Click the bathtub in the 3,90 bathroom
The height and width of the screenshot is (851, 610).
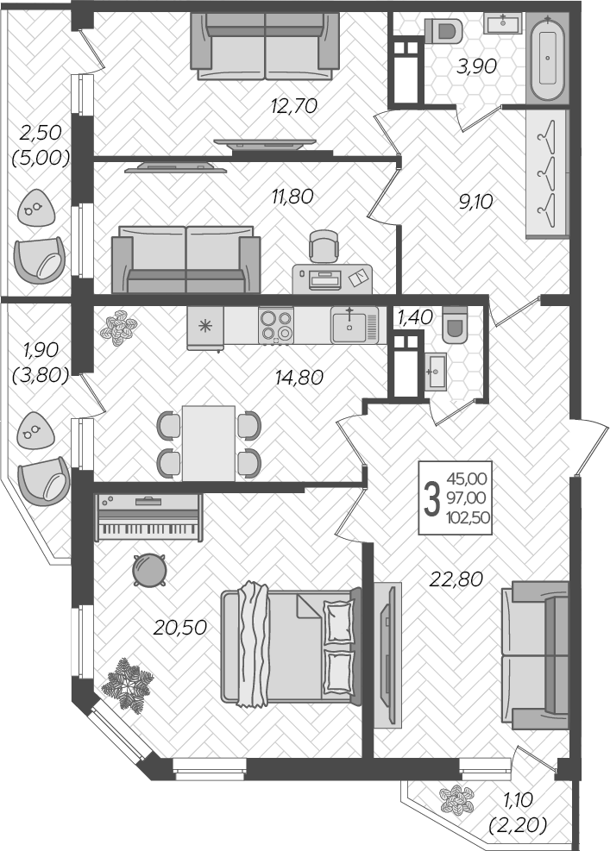[548, 58]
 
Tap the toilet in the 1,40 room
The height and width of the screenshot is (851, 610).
[455, 324]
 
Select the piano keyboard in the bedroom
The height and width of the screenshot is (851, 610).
[149, 517]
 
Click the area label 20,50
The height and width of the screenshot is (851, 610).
[179, 628]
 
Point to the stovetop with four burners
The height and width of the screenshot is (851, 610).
[276, 325]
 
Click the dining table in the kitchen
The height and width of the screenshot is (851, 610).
[209, 443]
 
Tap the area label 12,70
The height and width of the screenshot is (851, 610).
[294, 106]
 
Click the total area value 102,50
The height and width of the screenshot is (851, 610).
[468, 517]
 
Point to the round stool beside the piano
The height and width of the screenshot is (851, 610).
[149, 569]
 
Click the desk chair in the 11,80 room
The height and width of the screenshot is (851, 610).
[324, 246]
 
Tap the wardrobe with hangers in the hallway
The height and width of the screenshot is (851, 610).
[547, 173]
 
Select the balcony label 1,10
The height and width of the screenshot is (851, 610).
[518, 799]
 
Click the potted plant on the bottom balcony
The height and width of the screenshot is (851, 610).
[456, 800]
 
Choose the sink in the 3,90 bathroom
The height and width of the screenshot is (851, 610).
[503, 23]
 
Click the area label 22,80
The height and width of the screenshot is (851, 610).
[456, 579]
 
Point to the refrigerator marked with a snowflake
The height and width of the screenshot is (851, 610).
[204, 328]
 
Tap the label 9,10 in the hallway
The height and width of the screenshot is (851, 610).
[475, 202]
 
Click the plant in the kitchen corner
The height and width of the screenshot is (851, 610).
[118, 328]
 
